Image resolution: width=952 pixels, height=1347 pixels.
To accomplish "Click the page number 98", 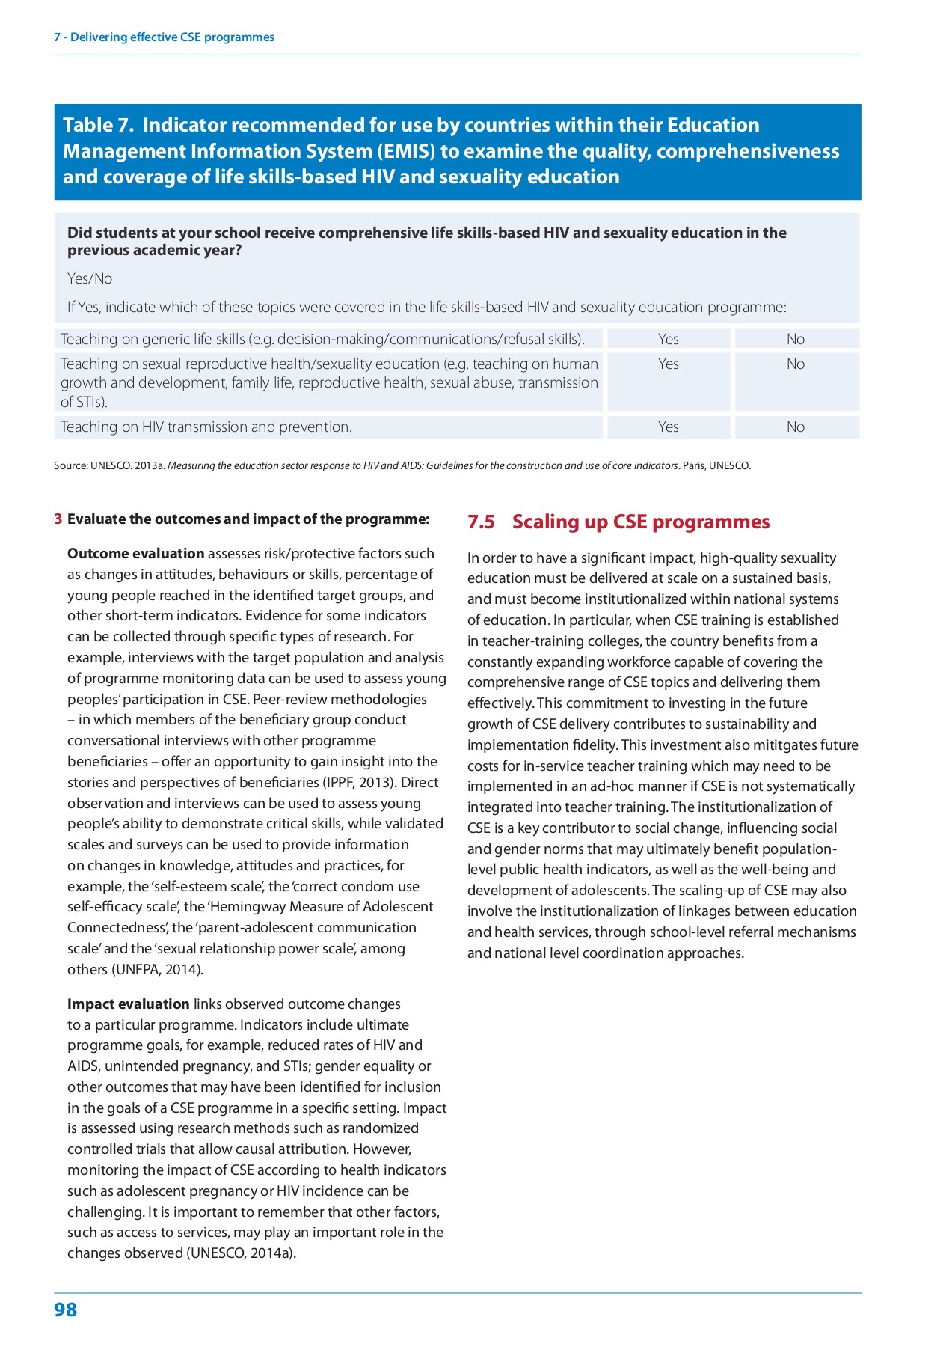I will (66, 1310).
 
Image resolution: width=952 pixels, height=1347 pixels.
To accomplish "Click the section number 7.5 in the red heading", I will (481, 522).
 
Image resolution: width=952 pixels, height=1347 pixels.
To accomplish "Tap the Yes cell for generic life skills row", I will (668, 339).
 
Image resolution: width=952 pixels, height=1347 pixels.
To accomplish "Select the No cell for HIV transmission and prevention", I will (796, 427).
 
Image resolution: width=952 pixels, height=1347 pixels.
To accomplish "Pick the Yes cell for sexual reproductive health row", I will (668, 364).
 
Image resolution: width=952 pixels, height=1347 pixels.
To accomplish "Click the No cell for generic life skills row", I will (796, 339).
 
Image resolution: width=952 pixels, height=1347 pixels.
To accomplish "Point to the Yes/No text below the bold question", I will (90, 278).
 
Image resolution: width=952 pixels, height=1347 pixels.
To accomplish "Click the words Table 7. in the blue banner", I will (98, 125).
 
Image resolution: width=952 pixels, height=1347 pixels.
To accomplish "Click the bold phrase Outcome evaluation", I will (135, 553).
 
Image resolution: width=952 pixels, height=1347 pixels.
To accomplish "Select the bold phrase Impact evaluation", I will (128, 1004).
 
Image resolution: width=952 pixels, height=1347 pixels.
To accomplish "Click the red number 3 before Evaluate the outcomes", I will (58, 519).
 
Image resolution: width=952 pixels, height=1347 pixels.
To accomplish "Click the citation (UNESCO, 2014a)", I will (241, 1253).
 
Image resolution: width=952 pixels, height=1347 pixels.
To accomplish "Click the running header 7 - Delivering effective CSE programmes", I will (164, 37).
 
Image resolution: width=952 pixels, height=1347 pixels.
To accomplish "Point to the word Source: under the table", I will (70, 465).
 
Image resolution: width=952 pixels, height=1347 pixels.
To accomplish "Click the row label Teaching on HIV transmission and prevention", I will (206, 427).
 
